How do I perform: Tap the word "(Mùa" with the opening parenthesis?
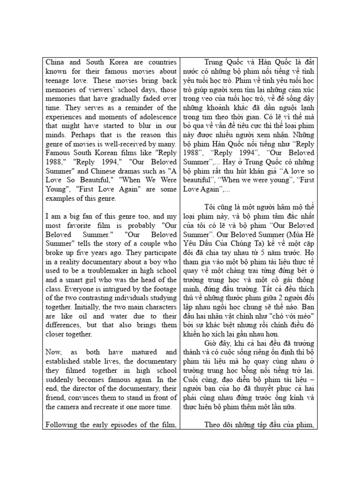289,232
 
